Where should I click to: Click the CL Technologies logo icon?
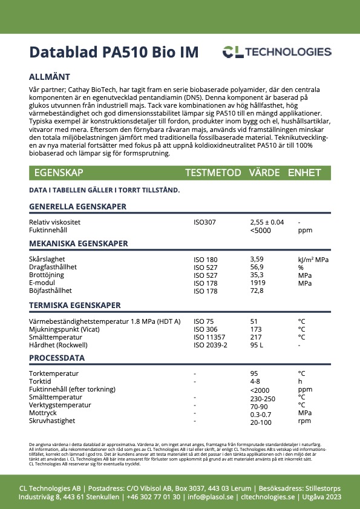[232, 52]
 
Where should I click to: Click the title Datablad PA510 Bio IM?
[113, 51]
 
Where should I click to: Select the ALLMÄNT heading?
[50, 77]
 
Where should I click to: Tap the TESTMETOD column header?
[213, 172]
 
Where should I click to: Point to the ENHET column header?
[304, 172]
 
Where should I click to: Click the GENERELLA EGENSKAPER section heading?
[77, 206]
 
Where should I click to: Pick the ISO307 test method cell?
[205, 222]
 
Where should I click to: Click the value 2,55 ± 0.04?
[267, 222]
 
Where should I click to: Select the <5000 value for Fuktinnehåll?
[260, 231]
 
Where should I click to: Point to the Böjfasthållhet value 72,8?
[257, 291]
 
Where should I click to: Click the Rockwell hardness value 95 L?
[257, 345]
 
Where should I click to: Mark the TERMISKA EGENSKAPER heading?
[75, 304]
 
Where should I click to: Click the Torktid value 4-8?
[255, 381]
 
